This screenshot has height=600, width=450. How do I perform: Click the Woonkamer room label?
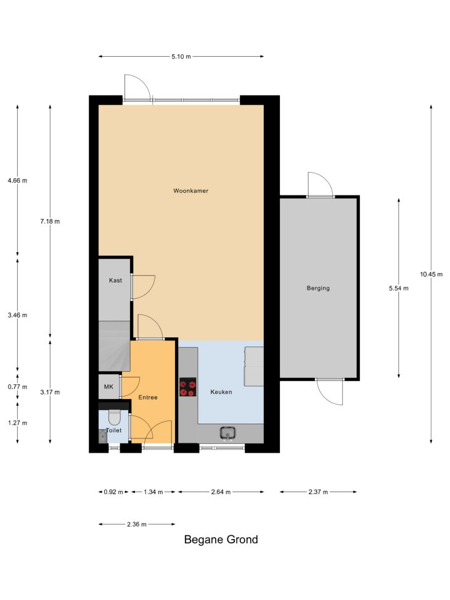click(190, 191)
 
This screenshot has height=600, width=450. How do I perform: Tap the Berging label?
click(318, 288)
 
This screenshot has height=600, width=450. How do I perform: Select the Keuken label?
click(221, 392)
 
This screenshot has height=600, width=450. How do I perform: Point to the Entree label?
click(148, 397)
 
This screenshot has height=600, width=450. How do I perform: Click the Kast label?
click(115, 280)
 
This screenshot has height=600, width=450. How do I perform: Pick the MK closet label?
click(108, 387)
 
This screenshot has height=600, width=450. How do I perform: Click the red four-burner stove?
click(188, 387)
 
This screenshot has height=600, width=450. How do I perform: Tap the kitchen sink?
click(227, 434)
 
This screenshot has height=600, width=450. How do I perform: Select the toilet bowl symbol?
click(115, 415)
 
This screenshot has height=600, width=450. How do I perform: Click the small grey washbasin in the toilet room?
click(103, 436)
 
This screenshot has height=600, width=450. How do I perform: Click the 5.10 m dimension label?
click(181, 57)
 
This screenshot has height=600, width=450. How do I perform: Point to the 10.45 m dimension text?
click(432, 274)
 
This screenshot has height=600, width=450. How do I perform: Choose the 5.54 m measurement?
click(399, 288)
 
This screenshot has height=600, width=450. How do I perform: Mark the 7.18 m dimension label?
click(50, 221)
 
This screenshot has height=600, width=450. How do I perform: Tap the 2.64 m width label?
click(221, 491)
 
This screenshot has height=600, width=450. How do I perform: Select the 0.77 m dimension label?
click(18, 387)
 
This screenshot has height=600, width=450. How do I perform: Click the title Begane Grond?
click(221, 539)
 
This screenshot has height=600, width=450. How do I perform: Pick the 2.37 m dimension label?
click(318, 491)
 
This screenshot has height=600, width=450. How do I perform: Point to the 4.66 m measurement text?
click(18, 180)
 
